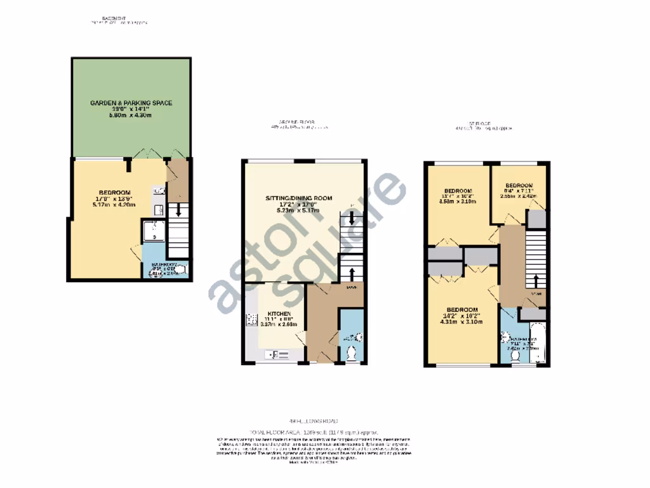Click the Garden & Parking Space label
(131, 102)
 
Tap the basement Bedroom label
(114, 193)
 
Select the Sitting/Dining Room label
(299, 198)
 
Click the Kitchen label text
(279, 315)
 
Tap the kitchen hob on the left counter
(249, 320)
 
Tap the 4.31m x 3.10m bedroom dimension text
(461, 322)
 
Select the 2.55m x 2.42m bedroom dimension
(518, 196)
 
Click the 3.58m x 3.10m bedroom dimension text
(458, 202)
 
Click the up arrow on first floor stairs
(536, 280)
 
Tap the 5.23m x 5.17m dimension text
(299, 210)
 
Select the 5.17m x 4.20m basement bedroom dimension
(114, 205)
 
